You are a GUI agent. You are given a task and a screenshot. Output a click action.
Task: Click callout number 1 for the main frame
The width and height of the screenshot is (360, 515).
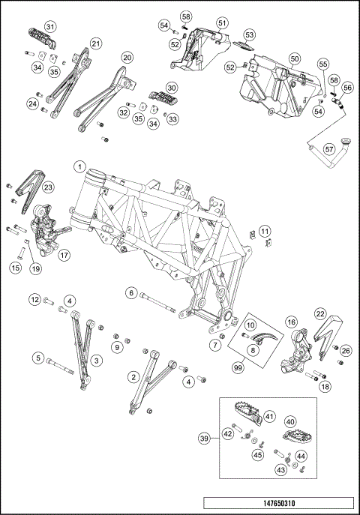click(79, 167)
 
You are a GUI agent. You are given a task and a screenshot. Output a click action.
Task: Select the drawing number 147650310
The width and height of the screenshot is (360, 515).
click(278, 503)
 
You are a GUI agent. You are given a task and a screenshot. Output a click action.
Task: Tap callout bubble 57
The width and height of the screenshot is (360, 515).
click(329, 149)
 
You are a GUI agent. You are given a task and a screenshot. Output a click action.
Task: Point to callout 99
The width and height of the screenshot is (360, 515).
click(238, 367)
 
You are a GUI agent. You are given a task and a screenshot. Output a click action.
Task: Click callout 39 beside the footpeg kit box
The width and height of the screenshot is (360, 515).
click(205, 439)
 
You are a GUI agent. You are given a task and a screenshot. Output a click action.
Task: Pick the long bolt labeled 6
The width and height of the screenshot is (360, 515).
click(157, 303)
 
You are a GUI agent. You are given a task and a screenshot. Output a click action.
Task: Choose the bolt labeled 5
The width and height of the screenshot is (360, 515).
click(61, 367)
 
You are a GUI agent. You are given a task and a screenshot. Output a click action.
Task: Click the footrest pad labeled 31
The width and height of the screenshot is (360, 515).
click(41, 37)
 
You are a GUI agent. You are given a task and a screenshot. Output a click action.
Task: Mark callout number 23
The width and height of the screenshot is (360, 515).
click(48, 187)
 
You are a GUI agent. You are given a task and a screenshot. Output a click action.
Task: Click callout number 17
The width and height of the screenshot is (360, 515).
click(65, 255)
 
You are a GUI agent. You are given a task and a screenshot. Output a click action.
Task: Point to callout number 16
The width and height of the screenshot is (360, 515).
click(292, 322)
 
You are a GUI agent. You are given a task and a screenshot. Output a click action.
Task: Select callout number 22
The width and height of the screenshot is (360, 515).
click(320, 313)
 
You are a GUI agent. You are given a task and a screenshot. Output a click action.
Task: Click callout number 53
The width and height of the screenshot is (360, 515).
click(250, 34)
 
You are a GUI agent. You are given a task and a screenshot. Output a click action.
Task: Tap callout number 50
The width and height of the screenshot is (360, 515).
click(295, 58)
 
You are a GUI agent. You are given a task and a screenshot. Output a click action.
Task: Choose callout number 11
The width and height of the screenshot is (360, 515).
click(265, 231)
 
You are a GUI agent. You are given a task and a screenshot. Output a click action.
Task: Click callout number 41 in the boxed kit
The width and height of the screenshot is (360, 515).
click(269, 417)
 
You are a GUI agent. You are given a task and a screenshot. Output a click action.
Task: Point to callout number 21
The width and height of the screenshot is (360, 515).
click(96, 43)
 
